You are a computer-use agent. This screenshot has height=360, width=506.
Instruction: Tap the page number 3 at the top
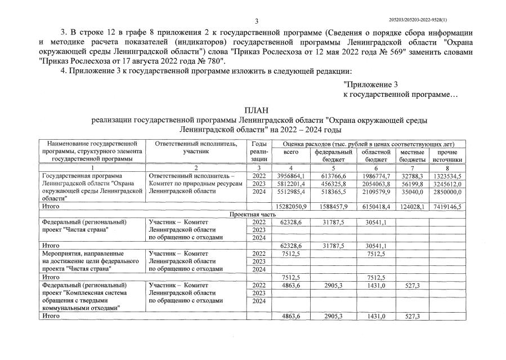pyautogui.click(x=256, y=21)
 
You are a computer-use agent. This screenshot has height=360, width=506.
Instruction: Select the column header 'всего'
pyautogui.click(x=290, y=152)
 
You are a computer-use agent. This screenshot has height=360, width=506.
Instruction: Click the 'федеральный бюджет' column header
pyautogui.click(x=334, y=155)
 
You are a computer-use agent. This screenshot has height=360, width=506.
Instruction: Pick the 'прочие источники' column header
pyautogui.click(x=447, y=155)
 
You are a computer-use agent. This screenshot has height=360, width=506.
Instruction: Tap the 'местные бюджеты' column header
pyautogui.click(x=412, y=155)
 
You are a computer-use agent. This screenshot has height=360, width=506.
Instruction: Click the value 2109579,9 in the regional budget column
pyautogui.click(x=376, y=192)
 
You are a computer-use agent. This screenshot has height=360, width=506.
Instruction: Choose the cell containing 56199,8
pyautogui.click(x=414, y=184)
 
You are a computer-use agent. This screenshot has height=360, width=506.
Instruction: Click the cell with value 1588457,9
pyautogui.click(x=334, y=207)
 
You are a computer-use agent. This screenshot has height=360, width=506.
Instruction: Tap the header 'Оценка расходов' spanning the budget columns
pyautogui.click(x=369, y=144)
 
